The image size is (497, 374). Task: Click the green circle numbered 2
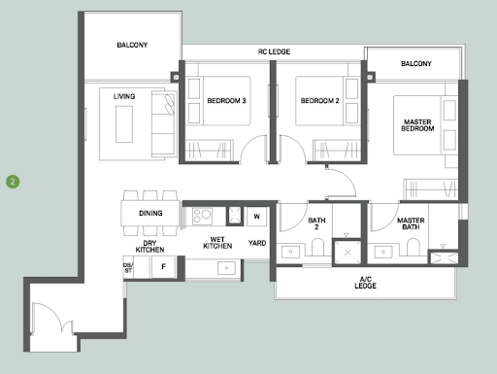point(13,182)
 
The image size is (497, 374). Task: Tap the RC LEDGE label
point(274,51)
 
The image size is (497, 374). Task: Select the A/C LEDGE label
point(365,283)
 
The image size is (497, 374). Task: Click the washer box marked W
point(257,217)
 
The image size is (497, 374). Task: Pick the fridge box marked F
point(163,267)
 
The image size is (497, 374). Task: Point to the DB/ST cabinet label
point(128,267)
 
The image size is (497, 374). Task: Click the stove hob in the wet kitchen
point(202,217)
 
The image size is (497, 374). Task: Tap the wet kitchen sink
point(226,268)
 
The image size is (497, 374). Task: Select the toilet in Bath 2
point(317,248)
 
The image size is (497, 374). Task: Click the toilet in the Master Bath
point(413,248)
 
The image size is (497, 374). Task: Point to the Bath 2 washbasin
point(290,252)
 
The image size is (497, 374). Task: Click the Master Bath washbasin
point(383,252)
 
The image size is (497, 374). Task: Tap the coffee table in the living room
point(124,124)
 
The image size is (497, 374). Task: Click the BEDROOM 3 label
point(226,101)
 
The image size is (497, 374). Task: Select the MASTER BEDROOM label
point(417,125)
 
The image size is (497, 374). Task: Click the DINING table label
point(150,213)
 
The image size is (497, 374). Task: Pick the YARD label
point(257,243)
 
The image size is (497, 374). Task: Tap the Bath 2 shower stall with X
point(348,253)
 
